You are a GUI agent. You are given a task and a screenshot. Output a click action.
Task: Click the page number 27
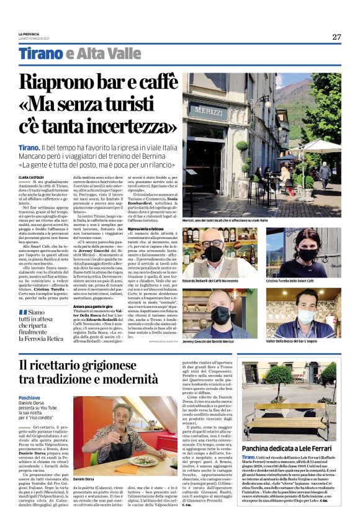tap(336, 37)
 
